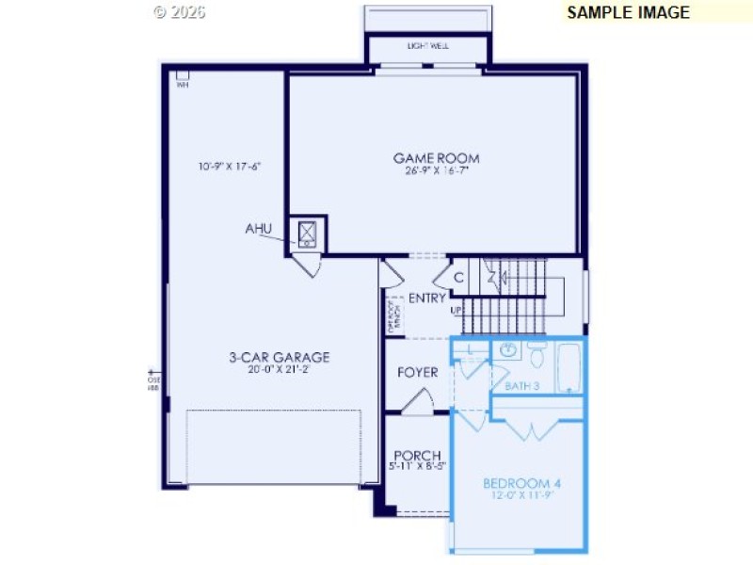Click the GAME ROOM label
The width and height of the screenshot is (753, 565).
pyautogui.click(x=436, y=158)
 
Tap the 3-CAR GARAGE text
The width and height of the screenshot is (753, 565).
pyautogui.click(x=279, y=357)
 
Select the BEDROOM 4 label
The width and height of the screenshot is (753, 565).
pyautogui.click(x=521, y=484)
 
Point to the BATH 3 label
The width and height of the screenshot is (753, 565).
pyautogui.click(x=521, y=386)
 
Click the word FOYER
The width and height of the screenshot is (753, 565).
pyautogui.click(x=417, y=372)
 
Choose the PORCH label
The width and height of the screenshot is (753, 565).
pyautogui.click(x=417, y=455)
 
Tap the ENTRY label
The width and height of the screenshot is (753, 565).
pyautogui.click(x=426, y=298)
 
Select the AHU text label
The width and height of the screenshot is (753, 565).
pyautogui.click(x=259, y=229)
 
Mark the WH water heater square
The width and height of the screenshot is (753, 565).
pyautogui.click(x=182, y=75)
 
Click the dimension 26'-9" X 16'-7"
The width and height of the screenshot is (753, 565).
pyautogui.click(x=436, y=171)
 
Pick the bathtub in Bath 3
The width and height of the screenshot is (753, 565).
pyautogui.click(x=568, y=367)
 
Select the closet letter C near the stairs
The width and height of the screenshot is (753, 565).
pyautogui.click(x=458, y=278)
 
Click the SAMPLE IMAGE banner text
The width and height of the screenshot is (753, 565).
pyautogui.click(x=628, y=12)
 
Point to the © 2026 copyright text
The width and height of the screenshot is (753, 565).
pyautogui.click(x=179, y=12)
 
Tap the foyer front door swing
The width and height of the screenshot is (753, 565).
pyautogui.click(x=415, y=402)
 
